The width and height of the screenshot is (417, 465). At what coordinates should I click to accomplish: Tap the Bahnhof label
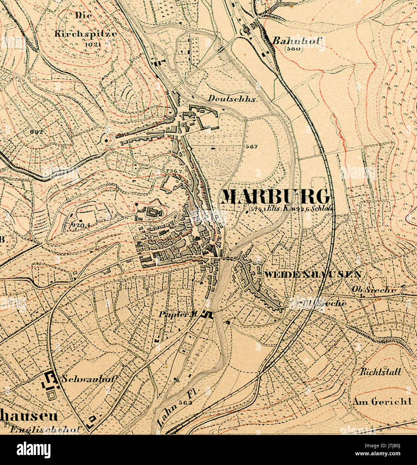pos(297,41)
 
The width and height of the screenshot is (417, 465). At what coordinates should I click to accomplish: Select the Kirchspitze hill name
pos(86,34)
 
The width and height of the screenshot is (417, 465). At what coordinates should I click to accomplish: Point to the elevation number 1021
pos(93,44)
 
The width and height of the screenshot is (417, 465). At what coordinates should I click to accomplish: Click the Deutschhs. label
pos(233,99)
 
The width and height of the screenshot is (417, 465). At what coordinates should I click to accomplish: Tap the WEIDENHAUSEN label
pos(312,275)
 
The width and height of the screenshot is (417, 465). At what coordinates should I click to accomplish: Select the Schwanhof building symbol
pos(50,381)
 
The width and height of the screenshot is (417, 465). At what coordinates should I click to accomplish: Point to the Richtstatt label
pos(381,372)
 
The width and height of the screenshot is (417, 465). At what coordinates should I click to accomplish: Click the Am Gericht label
pos(382,401)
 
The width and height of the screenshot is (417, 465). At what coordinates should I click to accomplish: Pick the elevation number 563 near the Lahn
pos(185,403)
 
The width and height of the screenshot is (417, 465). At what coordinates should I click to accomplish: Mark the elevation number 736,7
pos(174,171)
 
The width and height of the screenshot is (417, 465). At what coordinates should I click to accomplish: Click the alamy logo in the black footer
pos(33,450)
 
